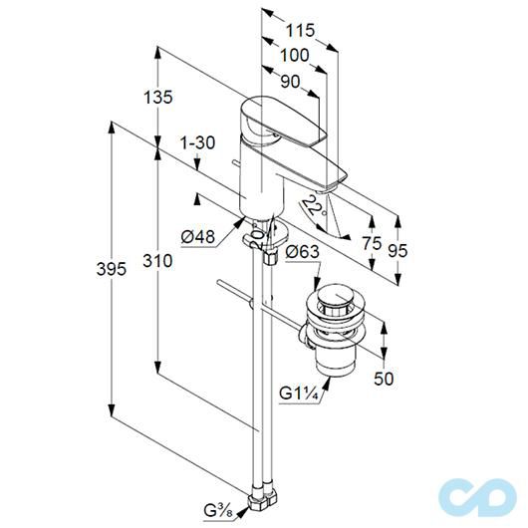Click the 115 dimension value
tap(297, 31)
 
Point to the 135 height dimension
tap(158, 97)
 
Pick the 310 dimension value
tap(158, 260)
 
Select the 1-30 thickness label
tap(199, 143)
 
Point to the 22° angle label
tap(314, 206)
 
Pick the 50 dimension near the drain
tap(384, 378)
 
